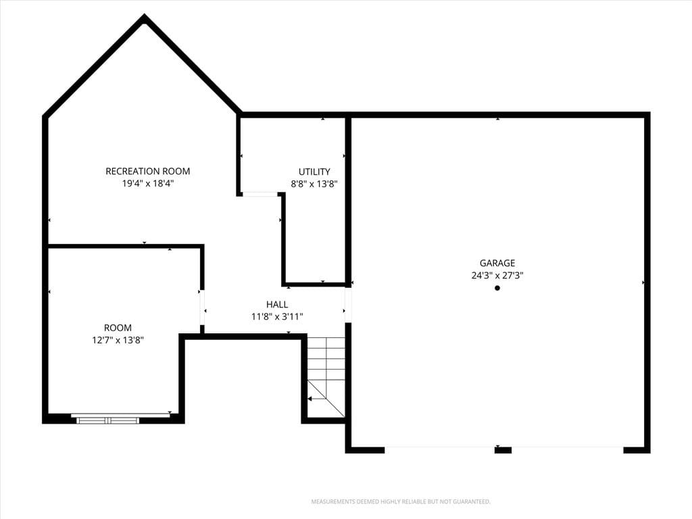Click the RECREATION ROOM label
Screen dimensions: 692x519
pyautogui.click(x=148, y=171)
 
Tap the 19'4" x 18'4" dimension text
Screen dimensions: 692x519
pyautogui.click(x=148, y=184)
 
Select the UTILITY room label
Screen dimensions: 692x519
pyautogui.click(x=314, y=172)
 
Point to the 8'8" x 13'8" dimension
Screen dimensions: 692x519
pyautogui.click(x=314, y=184)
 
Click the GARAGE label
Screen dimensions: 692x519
pyautogui.click(x=497, y=263)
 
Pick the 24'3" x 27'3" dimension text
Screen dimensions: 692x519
pyautogui.click(x=497, y=276)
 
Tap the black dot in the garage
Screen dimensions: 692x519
pyautogui.click(x=497, y=288)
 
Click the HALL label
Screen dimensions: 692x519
pyautogui.click(x=277, y=305)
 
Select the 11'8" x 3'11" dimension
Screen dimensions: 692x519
pyautogui.click(x=277, y=316)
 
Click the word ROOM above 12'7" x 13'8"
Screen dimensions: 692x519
pyautogui.click(x=118, y=328)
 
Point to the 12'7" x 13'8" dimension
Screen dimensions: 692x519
pyautogui.click(x=118, y=341)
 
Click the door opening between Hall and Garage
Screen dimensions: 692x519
pyautogui.click(x=348, y=305)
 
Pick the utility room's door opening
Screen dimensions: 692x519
pyautogui.click(x=260, y=194)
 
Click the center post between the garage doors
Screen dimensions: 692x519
pyautogui.click(x=503, y=450)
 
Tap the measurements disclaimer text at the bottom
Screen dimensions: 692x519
pyautogui.click(x=401, y=502)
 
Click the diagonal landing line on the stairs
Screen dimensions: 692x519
pyautogui.click(x=326, y=399)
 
